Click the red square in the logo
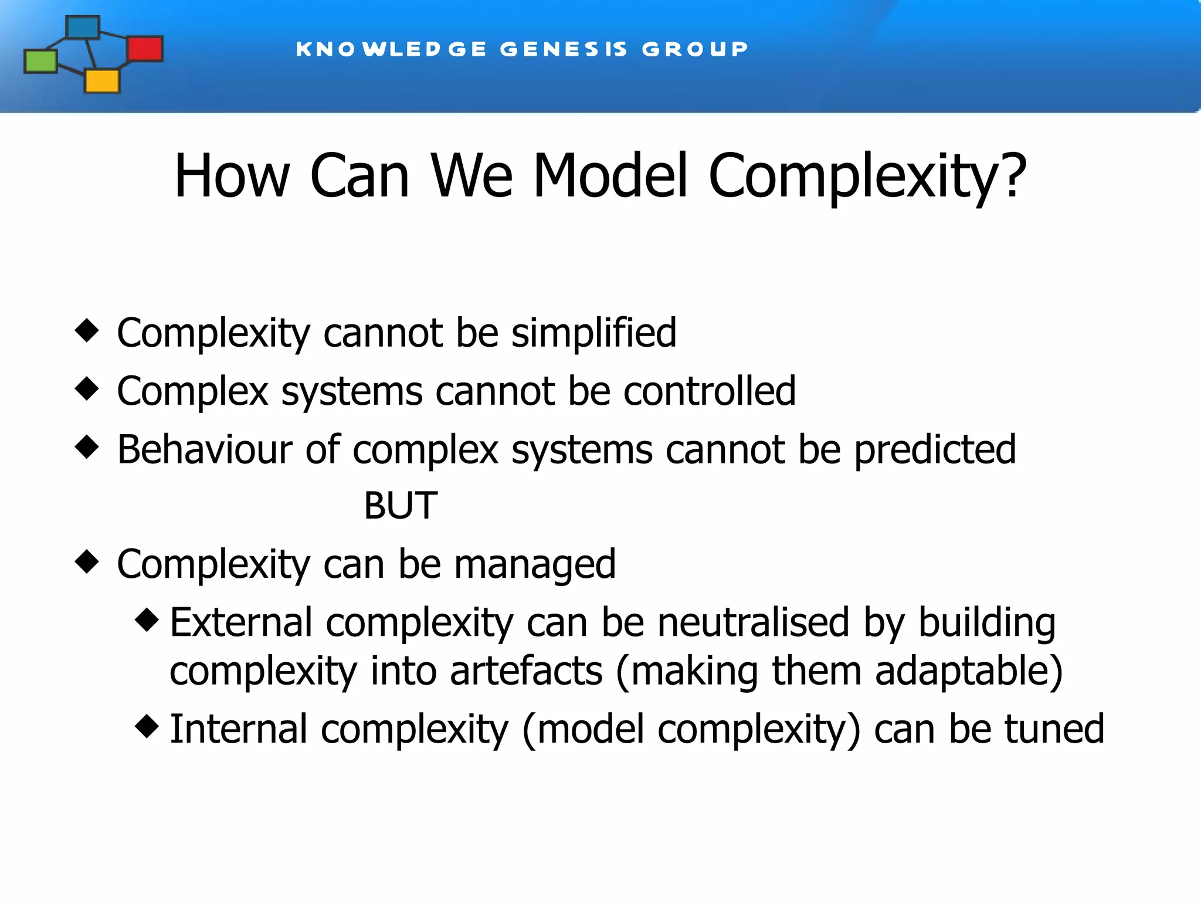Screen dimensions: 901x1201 (x=145, y=49)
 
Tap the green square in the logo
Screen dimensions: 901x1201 (x=40, y=62)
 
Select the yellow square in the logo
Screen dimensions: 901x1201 (x=102, y=81)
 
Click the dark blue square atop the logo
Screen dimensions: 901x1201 (x=83, y=28)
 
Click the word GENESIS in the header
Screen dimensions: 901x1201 (x=564, y=49)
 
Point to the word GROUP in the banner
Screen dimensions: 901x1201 (x=695, y=49)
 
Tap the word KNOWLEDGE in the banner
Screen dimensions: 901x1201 (x=391, y=49)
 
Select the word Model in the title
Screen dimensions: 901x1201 (x=609, y=176)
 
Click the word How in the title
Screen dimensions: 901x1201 (x=232, y=176)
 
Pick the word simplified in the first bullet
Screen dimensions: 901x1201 (x=593, y=333)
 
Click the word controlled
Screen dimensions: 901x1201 (x=710, y=391)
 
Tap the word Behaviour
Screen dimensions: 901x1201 (x=204, y=450)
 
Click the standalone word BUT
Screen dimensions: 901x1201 (x=401, y=505)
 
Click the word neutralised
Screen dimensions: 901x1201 (x=753, y=622)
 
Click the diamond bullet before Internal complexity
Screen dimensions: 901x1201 (x=147, y=726)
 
